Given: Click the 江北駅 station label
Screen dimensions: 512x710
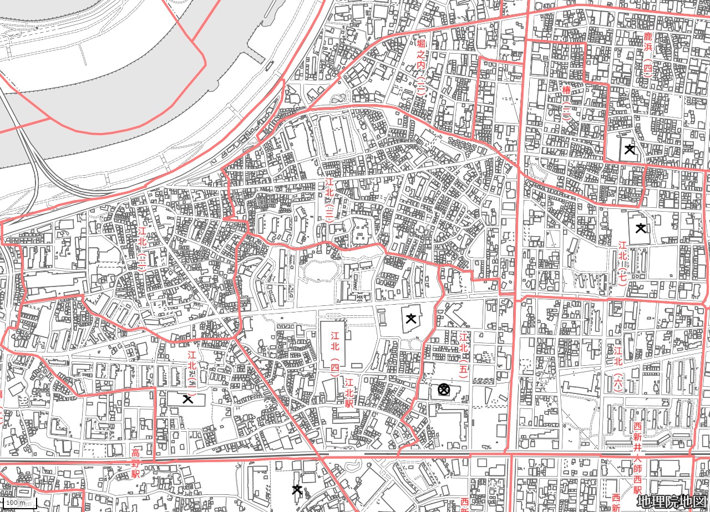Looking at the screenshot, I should point(349,393).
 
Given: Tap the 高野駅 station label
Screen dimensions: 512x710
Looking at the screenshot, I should point(135,463).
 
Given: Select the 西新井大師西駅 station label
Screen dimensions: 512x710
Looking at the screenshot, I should point(637,458).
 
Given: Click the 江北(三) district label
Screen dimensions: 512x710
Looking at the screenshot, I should point(329,201).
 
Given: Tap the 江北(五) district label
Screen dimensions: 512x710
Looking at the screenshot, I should point(464,355).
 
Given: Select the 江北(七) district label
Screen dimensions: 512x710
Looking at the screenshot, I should point(622,263).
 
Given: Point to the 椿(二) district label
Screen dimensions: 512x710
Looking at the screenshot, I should point(566,103).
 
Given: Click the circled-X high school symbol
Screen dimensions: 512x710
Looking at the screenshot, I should point(443,390).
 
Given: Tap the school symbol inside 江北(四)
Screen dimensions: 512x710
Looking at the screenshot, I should point(411,318).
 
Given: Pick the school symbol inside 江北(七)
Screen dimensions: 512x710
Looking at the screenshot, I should point(641,227).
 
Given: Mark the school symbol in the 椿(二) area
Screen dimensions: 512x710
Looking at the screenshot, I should point(630,149).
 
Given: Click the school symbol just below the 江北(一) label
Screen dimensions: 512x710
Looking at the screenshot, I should point(187,398).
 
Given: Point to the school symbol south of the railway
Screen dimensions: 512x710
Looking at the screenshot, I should point(297,489).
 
